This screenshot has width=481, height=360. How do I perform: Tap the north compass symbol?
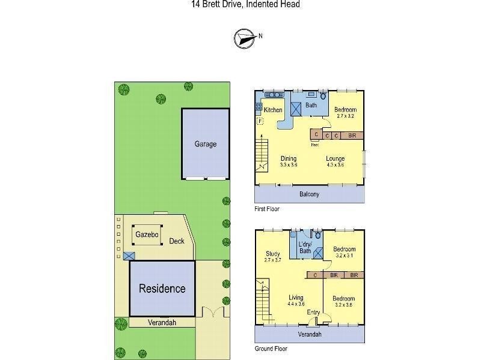pos(243,38)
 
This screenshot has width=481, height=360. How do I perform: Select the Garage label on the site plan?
pos(205,144)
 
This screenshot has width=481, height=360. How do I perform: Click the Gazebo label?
pos(147,235)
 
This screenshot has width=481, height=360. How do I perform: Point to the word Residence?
pos(162,289)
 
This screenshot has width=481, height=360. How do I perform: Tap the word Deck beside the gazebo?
pos(176,241)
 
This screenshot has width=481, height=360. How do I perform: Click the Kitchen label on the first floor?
pos(273,110)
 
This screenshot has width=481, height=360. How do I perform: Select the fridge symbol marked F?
pos(260,122)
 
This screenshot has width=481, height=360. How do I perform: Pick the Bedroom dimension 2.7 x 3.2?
pos(346,116)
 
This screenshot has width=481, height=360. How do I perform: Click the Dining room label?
pos(289,159)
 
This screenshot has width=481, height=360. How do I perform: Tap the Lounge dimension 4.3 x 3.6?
pos(335,165)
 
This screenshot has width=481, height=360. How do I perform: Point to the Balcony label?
pos(309,194)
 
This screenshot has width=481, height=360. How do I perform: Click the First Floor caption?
pos(267,209)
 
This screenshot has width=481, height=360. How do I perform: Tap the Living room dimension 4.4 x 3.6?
pos(296,304)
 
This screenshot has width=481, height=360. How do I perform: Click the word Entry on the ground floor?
pos(313,312)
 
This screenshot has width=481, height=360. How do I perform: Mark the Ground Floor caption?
pos(271,349)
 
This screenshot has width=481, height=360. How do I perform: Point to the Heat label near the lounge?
pos(314,145)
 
